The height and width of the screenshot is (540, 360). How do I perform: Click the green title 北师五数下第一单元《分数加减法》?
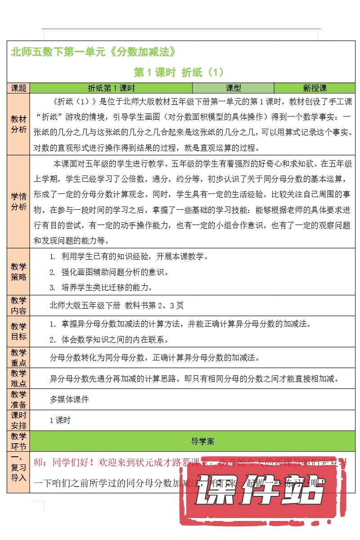pos(93,52)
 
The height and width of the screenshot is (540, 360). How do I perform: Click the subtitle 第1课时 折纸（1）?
pos(179,72)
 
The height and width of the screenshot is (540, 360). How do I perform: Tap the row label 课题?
pos(18,88)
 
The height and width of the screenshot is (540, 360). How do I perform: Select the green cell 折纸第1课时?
pos(111,88)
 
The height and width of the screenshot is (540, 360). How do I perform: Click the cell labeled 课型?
pos(233,88)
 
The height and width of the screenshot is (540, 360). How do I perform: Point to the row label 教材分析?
pos(18,125)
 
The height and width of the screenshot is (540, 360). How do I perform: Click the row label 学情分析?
pos(18,202)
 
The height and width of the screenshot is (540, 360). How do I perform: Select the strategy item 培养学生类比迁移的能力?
pos(107,287)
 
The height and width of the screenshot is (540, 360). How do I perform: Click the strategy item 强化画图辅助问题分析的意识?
pos(114,272)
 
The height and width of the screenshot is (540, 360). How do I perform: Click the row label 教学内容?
pos(18,306)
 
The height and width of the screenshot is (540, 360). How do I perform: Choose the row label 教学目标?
pos(18,331)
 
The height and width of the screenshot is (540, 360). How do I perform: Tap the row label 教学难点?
pos(18,378)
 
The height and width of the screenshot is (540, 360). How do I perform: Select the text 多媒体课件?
pos(69,399)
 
